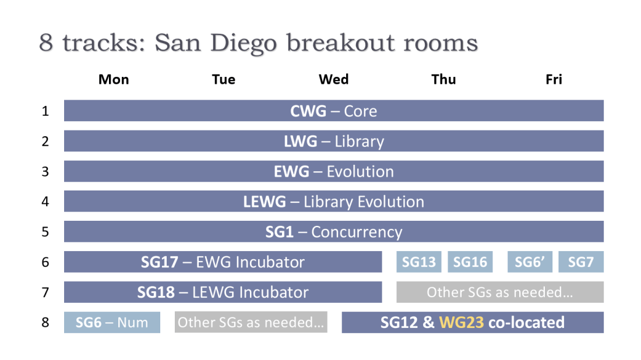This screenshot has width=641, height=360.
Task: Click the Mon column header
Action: (114, 79)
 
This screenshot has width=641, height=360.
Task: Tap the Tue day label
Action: (224, 79)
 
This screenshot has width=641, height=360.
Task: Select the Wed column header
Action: (333, 79)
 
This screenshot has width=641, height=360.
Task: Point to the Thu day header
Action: (443, 79)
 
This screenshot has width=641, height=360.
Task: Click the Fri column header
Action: (554, 79)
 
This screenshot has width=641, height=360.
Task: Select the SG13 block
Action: (419, 262)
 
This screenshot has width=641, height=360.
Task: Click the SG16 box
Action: (470, 262)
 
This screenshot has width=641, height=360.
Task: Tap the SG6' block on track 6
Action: (530, 262)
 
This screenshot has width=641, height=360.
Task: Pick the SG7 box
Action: (581, 262)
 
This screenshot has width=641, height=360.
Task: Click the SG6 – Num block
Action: (112, 322)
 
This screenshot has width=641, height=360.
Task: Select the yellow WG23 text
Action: (462, 322)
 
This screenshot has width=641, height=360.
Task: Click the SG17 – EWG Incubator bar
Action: (223, 262)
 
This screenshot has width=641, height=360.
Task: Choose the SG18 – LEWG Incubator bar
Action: (223, 292)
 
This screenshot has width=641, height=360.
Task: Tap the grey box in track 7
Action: (500, 292)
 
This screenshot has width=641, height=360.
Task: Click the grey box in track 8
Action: (251, 322)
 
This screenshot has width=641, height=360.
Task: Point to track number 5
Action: (45, 232)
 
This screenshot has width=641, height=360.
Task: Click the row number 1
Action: (45, 111)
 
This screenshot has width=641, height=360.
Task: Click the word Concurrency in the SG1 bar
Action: (357, 232)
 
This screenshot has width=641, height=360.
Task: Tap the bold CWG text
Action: (308, 111)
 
